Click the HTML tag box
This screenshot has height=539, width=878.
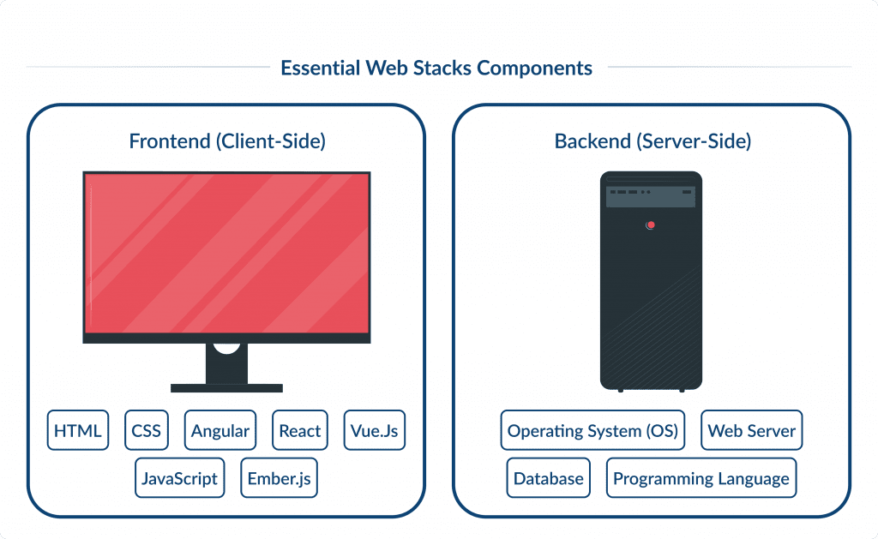point(78,431)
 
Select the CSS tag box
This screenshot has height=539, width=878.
point(146,431)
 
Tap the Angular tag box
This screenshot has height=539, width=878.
point(220,431)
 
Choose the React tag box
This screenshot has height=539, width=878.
point(300,431)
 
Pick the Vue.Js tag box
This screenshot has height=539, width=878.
point(374,431)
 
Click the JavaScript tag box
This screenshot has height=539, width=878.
point(180,478)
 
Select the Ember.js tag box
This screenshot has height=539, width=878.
point(279,478)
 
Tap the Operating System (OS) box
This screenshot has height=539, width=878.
point(592,431)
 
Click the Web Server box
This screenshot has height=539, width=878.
point(751,431)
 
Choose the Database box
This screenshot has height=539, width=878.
point(548,478)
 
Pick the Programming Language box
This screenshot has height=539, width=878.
point(701,478)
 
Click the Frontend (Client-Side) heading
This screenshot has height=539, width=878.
point(227,141)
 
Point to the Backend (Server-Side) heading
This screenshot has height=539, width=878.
point(652,141)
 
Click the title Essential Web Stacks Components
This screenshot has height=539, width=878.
point(436,68)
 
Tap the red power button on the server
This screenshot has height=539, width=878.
point(651,225)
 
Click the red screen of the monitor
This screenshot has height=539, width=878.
point(226,253)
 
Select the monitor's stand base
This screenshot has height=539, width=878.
point(226,387)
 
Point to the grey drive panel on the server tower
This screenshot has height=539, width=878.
point(651,195)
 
